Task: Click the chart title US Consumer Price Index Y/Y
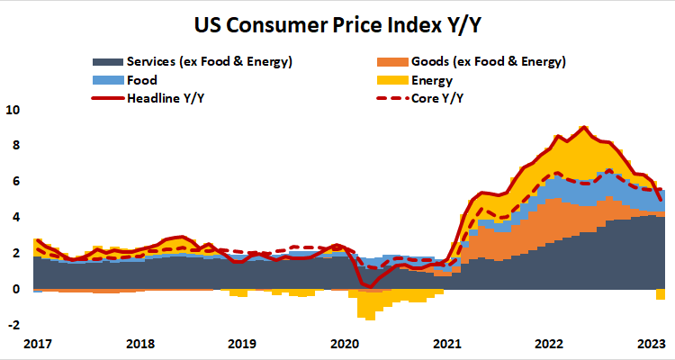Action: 337,20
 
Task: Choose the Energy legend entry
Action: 432,80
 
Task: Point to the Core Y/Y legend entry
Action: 438,97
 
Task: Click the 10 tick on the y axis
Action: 13,110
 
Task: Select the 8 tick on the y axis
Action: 15,145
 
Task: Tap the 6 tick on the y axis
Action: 15,181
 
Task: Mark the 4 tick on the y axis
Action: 15,217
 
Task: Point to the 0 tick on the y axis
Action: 15,289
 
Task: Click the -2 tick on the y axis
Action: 13,325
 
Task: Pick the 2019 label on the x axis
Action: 242,344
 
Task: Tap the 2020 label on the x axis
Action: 346,344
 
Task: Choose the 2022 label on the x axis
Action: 549,344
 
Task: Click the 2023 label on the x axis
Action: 651,344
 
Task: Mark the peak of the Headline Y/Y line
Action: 584,127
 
